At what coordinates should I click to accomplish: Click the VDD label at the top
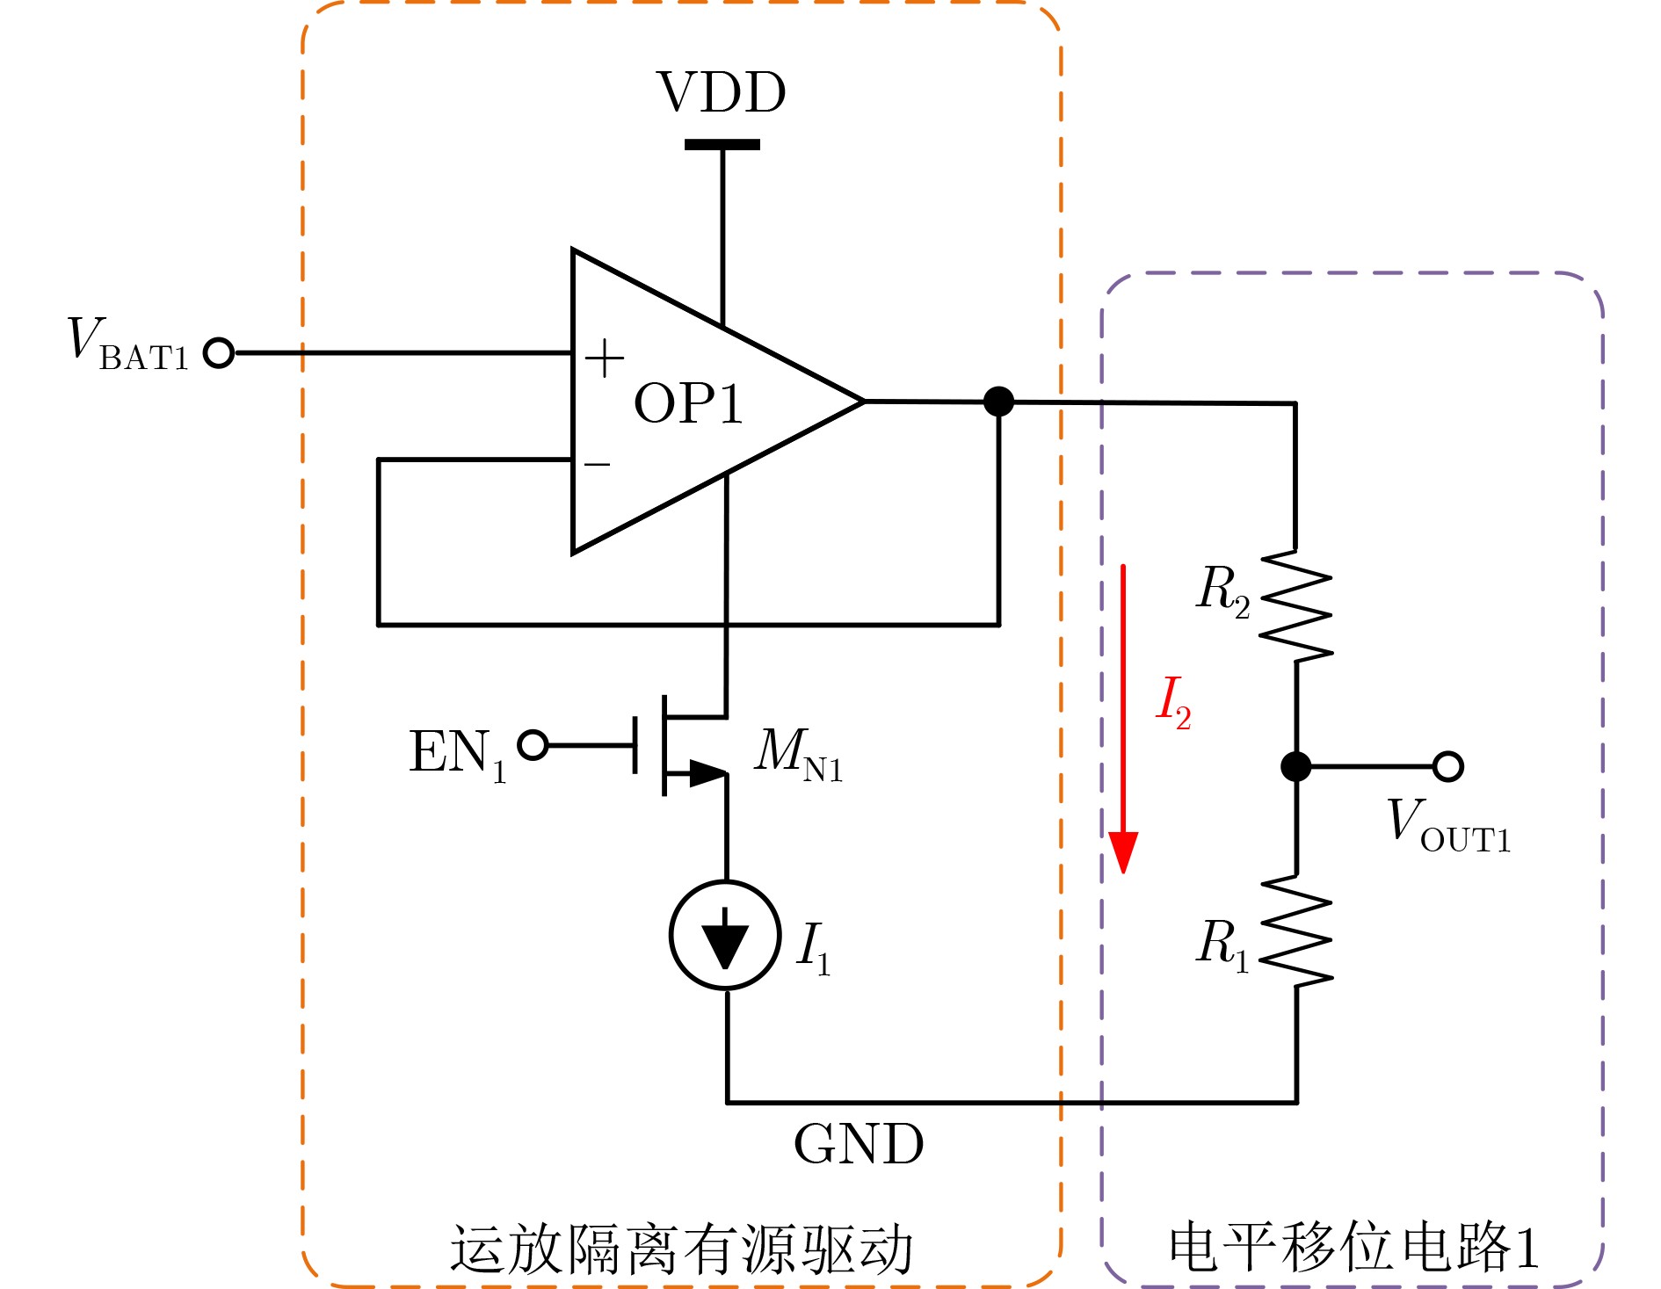[x=721, y=92]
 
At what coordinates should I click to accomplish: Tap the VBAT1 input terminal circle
[x=219, y=353]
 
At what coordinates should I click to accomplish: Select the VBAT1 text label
[x=128, y=344]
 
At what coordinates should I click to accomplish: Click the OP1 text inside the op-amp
[x=688, y=404]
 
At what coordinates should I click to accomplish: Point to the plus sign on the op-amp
[x=605, y=358]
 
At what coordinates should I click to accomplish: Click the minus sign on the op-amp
[x=598, y=464]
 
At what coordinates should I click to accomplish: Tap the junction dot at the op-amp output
[x=998, y=402]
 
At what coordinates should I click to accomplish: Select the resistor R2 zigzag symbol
[x=1296, y=606]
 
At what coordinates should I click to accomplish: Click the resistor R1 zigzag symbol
[x=1296, y=931]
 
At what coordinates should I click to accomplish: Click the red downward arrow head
[x=1123, y=851]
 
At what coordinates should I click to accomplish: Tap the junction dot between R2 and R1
[x=1296, y=766]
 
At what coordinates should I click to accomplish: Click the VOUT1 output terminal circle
[x=1447, y=766]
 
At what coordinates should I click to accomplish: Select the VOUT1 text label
[x=1448, y=826]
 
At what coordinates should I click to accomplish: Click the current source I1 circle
[x=725, y=935]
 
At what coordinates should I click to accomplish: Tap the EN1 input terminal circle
[x=533, y=745]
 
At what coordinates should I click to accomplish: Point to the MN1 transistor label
[x=798, y=754]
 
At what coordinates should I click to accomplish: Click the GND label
[x=859, y=1144]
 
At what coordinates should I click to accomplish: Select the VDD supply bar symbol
[x=722, y=145]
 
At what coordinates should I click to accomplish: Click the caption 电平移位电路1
[x=1353, y=1248]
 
